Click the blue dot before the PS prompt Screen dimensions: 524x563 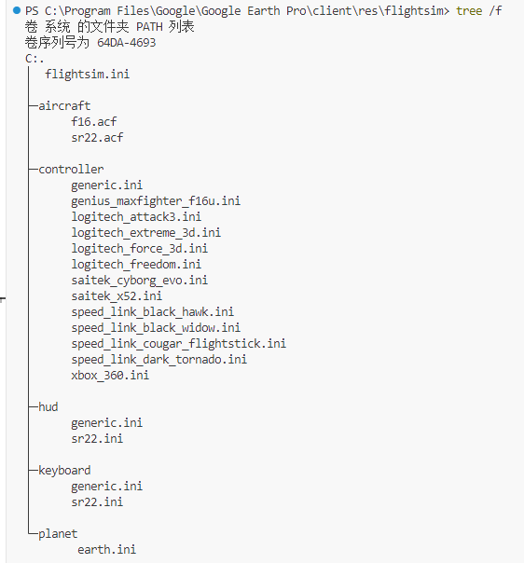click(x=17, y=10)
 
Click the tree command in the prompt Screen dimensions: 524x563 click(x=469, y=11)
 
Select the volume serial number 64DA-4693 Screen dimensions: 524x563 click(x=127, y=43)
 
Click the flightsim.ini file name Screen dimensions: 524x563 click(x=88, y=75)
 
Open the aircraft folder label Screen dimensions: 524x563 click(x=64, y=106)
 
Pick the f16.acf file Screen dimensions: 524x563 click(x=94, y=122)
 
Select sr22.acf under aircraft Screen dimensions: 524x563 click(x=97, y=138)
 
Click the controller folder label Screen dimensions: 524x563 click(x=71, y=169)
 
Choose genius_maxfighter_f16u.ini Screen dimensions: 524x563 click(x=156, y=201)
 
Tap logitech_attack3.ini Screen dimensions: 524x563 click(x=136, y=217)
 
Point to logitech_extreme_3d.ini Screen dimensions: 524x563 click(x=145, y=233)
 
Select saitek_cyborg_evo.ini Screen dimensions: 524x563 click(x=139, y=281)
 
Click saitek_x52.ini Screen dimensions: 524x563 click(x=117, y=296)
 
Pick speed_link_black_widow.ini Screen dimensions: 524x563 click(x=156, y=328)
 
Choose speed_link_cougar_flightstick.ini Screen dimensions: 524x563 click(x=178, y=344)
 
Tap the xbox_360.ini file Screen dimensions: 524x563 click(x=110, y=376)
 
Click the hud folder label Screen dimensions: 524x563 click(x=48, y=406)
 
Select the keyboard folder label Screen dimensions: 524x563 click(x=64, y=471)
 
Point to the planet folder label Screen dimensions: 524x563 click(x=58, y=534)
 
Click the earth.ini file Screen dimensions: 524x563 click(x=106, y=550)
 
